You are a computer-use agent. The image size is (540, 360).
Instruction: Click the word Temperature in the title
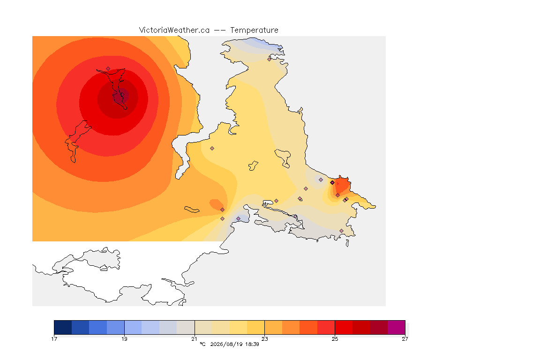(254, 30)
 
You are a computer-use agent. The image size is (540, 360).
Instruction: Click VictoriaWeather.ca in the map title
(174, 30)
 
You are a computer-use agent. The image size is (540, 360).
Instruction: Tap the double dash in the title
(220, 30)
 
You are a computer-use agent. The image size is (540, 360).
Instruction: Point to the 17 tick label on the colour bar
(54, 339)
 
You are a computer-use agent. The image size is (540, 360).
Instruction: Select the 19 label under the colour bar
(124, 339)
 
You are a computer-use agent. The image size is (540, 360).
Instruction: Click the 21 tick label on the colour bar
(195, 339)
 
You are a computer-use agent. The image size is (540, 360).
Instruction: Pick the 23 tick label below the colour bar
(264, 339)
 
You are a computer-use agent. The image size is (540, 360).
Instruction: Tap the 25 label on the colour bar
(335, 339)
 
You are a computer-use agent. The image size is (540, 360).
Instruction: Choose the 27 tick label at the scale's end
(405, 339)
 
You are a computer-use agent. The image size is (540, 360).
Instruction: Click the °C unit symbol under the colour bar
(202, 344)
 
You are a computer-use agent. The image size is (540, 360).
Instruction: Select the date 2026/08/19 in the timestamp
(226, 344)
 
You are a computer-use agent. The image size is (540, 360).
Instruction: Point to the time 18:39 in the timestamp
(252, 344)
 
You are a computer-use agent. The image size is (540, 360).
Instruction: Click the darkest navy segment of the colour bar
(63, 327)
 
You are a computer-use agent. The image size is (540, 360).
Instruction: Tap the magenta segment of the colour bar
(397, 327)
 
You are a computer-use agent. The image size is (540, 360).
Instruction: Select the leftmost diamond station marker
(108, 69)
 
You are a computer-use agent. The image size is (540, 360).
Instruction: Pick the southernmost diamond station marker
(341, 231)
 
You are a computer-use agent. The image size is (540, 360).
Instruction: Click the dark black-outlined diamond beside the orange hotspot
(332, 183)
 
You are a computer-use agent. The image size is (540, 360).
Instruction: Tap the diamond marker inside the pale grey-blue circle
(321, 180)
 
